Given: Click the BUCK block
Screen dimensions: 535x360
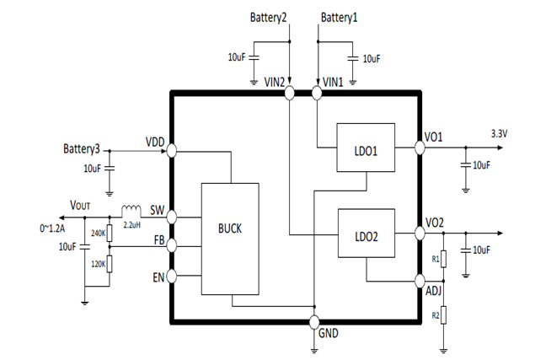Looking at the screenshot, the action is coord(230,239).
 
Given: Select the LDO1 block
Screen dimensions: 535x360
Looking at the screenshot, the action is coord(366,148).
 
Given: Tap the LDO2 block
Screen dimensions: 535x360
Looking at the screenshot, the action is coord(366,234).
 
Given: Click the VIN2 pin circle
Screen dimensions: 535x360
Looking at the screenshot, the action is coord(289,93).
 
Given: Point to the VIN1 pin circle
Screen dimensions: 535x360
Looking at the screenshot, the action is coord(317,93).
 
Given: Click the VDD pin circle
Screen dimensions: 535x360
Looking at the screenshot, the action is coord(171,151).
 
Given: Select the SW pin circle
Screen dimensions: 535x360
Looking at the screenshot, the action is coord(171,218).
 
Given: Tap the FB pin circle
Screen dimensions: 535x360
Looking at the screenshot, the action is coord(171,245).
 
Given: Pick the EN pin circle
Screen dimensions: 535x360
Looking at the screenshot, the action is coord(171,276).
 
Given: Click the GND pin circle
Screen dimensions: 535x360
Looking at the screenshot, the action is coord(314,322).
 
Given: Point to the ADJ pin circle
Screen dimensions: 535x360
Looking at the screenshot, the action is coord(420,281).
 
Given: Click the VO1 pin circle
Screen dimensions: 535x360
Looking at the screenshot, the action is coord(420,148).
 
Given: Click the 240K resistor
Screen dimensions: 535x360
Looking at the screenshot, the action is coord(110,234).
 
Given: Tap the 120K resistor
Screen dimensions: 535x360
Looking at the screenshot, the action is coord(110,264).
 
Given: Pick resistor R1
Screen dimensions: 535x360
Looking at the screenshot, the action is coord(443,259).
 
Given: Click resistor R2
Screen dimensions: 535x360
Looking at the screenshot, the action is coord(443,315).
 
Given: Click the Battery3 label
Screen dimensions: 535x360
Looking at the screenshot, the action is coord(82,149).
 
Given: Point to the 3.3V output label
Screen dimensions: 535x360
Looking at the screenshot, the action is coord(499,134).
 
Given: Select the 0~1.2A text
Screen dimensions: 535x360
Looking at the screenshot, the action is coord(52,228).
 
